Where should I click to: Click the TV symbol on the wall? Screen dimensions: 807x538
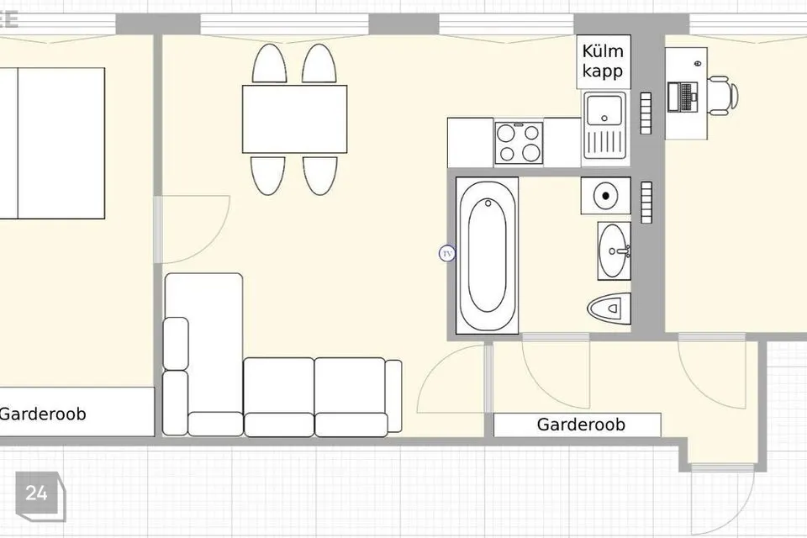pyautogui.click(x=447, y=253)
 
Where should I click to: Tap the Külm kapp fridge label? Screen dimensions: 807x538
pyautogui.click(x=603, y=61)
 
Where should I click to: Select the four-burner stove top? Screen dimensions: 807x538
pyautogui.click(x=519, y=143)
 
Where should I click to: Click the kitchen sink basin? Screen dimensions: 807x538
pyautogui.click(x=604, y=110)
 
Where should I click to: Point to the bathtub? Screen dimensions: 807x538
pyautogui.click(x=487, y=256)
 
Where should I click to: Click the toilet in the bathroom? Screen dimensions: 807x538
pyautogui.click(x=609, y=309)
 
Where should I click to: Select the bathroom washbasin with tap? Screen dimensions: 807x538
pyautogui.click(x=614, y=251)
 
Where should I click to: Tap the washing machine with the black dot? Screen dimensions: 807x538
pyautogui.click(x=606, y=196)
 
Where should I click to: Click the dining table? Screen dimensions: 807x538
pyautogui.click(x=295, y=119)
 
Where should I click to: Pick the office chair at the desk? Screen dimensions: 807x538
pyautogui.click(x=723, y=96)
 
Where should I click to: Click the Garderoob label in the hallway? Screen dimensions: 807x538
pyautogui.click(x=581, y=425)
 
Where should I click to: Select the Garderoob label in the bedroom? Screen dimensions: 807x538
pyautogui.click(x=43, y=414)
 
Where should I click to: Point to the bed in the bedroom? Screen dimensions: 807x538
pyautogui.click(x=52, y=143)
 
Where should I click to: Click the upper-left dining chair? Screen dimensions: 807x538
pyautogui.click(x=269, y=63)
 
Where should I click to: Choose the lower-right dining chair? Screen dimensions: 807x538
pyautogui.click(x=320, y=176)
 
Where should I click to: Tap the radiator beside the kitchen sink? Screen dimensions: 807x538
pyautogui.click(x=646, y=113)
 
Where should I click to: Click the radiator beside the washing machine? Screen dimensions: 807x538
pyautogui.click(x=646, y=203)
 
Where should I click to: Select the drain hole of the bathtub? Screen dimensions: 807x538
pyautogui.click(x=488, y=203)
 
